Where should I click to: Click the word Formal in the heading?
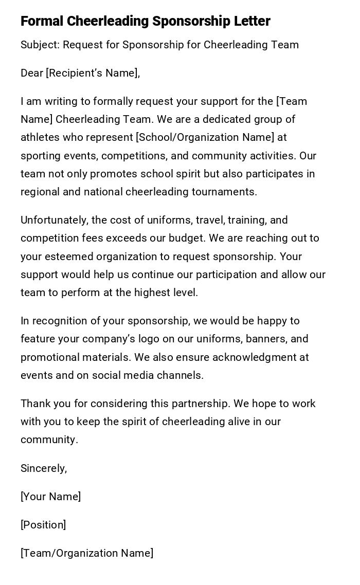(x=42, y=21)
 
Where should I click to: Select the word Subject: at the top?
(x=40, y=45)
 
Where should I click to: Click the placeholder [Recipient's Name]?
(x=93, y=73)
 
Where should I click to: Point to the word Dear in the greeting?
(x=32, y=73)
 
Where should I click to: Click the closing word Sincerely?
(x=44, y=468)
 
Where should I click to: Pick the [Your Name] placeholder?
(x=50, y=497)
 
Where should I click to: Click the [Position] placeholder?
(x=43, y=525)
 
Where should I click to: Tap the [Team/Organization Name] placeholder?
(x=87, y=553)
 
